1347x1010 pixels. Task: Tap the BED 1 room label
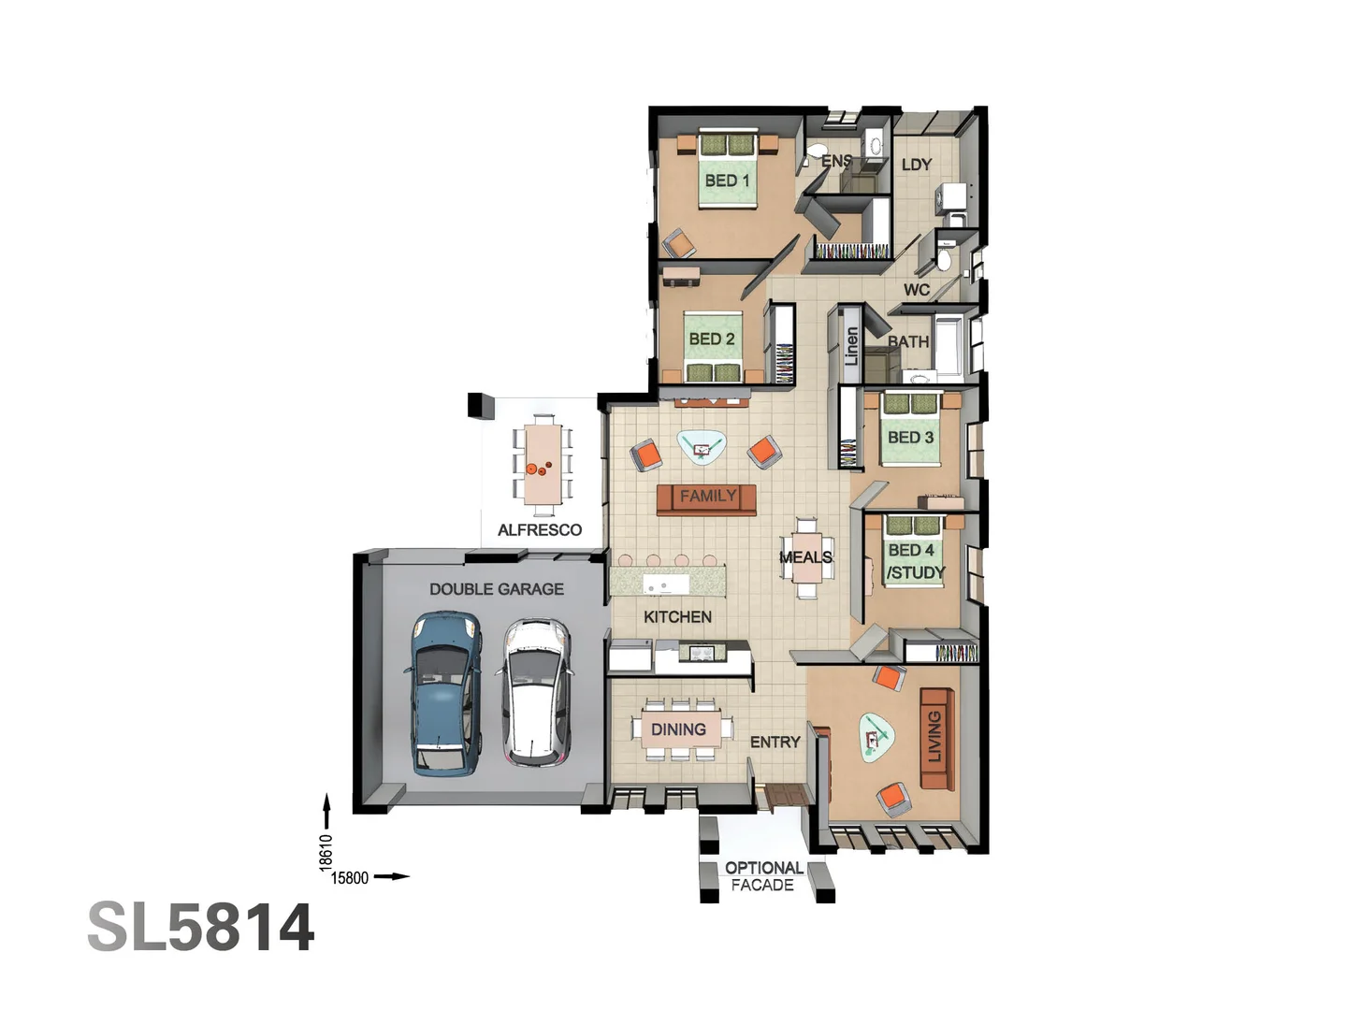point(727,180)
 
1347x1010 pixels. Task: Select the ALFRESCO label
point(540,530)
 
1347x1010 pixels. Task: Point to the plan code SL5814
point(201,927)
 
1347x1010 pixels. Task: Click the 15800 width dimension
point(350,878)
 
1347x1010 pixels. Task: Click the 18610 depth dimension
point(326,852)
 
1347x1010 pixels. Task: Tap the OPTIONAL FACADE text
point(764,876)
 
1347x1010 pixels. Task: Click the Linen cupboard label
point(851,346)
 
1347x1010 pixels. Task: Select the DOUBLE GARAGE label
point(497,589)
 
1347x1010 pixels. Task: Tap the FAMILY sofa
point(706,499)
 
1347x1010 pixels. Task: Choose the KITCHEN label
point(677,617)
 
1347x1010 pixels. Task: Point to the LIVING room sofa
point(937,739)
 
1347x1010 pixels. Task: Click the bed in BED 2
point(713,346)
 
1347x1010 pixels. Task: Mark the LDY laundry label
point(917,165)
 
